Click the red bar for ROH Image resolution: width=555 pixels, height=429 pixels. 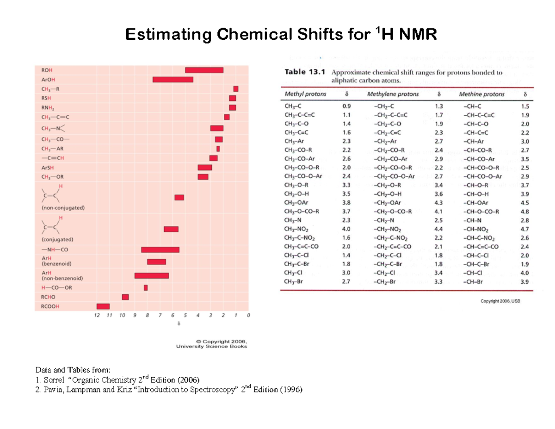(204, 70)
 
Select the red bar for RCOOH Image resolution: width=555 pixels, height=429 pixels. (103, 306)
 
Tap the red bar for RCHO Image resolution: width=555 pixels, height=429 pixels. (125, 297)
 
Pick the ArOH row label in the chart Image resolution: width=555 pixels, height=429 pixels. (48, 80)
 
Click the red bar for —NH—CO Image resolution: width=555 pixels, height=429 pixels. (160, 250)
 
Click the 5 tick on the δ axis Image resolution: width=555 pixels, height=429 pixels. (185, 316)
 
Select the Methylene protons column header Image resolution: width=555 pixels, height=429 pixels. (393, 94)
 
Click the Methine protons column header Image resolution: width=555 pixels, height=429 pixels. (482, 94)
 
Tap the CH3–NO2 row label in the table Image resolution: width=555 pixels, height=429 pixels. (297, 229)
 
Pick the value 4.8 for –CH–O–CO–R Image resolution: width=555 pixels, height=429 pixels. (524, 211)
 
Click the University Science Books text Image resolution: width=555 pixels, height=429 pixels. (212, 346)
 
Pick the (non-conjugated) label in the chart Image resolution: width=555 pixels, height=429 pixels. (63, 208)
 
